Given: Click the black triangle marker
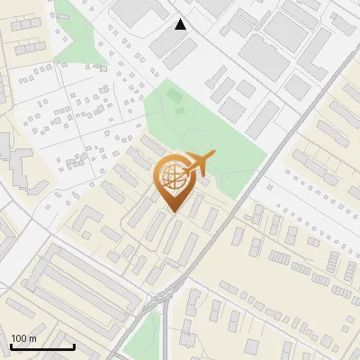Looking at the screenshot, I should coord(181,24).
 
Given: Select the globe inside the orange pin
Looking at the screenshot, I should coord(171,177).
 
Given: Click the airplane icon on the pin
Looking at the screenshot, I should coord(199,164).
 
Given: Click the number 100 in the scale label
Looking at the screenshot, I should coord(20,338).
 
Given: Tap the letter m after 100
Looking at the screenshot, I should coord(33,339).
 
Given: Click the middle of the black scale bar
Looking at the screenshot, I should coord(42,346).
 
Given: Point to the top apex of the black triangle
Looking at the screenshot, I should coord(181,19).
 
